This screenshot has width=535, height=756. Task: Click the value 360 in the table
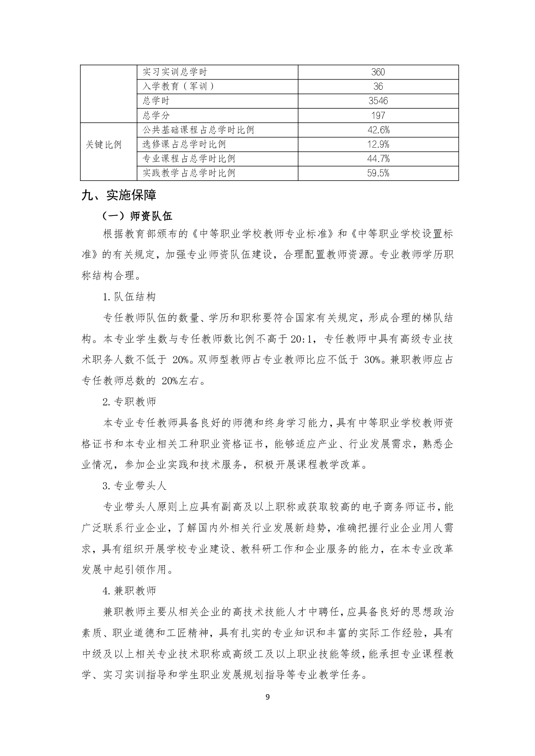[x=378, y=72]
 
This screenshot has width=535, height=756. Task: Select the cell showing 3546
[x=378, y=101]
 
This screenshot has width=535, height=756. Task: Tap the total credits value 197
[x=378, y=116]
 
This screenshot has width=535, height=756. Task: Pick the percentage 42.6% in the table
[x=378, y=130]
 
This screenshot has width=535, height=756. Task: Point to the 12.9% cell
[x=378, y=145]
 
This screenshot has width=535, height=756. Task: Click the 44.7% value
[x=378, y=159]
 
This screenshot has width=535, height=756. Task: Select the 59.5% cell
[x=378, y=173]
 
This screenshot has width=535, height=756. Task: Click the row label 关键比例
[x=104, y=145]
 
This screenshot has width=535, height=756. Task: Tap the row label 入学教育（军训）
[x=178, y=87]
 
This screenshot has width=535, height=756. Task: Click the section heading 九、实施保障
[x=119, y=195]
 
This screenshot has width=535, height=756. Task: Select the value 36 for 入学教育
[x=378, y=87]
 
